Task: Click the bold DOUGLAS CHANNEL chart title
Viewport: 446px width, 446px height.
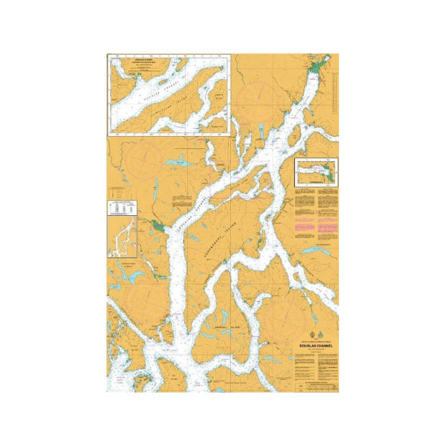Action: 315,345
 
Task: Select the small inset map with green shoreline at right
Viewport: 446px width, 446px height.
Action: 317,173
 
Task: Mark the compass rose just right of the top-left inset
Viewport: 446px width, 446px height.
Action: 255,97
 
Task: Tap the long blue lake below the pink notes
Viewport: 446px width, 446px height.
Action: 317,251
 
